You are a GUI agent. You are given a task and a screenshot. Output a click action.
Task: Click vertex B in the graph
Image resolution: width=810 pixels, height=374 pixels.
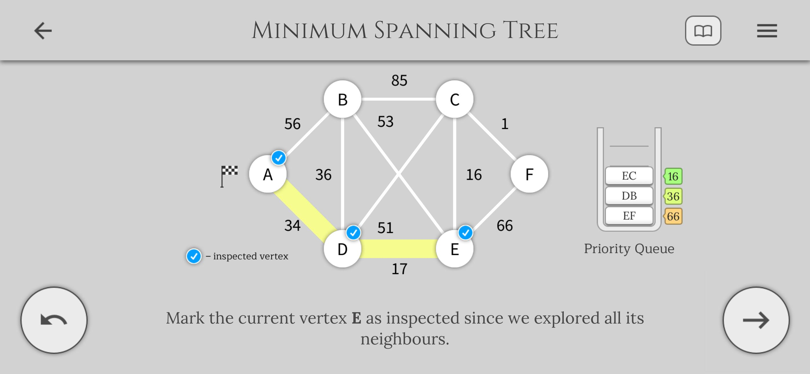pos(342,99)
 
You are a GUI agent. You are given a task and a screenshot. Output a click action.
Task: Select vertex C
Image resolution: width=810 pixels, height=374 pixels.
pos(454,99)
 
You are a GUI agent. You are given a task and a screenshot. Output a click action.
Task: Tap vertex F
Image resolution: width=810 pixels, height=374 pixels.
pos(529,174)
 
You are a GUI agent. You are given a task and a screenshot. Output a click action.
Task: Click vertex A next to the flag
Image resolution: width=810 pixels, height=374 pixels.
pos(268,174)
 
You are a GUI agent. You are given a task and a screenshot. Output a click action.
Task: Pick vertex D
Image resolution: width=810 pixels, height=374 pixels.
pos(342,249)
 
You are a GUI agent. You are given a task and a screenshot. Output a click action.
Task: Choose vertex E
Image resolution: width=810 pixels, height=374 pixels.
pos(454,249)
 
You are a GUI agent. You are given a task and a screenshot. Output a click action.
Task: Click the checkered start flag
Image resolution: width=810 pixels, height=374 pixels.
pos(229,176)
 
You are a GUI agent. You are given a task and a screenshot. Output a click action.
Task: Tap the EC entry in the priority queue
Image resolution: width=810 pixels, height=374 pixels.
pos(629,176)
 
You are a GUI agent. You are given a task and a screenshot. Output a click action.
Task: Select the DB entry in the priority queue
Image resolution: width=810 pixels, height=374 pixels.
pos(629,196)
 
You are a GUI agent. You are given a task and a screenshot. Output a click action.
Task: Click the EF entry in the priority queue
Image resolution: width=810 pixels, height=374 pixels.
pos(629,216)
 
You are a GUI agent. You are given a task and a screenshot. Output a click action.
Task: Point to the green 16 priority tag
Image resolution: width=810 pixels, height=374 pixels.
pos(673,176)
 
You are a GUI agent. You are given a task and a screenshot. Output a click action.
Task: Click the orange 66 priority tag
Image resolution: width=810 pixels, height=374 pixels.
pos(673,216)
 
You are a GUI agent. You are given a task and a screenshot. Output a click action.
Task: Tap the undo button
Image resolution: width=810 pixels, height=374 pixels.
pos(54,320)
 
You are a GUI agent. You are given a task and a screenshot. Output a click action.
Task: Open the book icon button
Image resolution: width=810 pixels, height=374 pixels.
pos(703,30)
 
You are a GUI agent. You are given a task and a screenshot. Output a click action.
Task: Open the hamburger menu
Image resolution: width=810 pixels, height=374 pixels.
pos(767,31)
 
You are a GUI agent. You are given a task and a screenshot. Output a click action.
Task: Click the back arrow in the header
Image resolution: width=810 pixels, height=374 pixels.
pos(43,30)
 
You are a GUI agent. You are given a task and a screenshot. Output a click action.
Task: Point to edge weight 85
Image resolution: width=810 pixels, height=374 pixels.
pos(399,80)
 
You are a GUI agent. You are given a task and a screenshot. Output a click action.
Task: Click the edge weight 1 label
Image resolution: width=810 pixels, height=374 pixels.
pos(505,124)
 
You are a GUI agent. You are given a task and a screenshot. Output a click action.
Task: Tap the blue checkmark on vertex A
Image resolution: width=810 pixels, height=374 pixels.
pos(279,158)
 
